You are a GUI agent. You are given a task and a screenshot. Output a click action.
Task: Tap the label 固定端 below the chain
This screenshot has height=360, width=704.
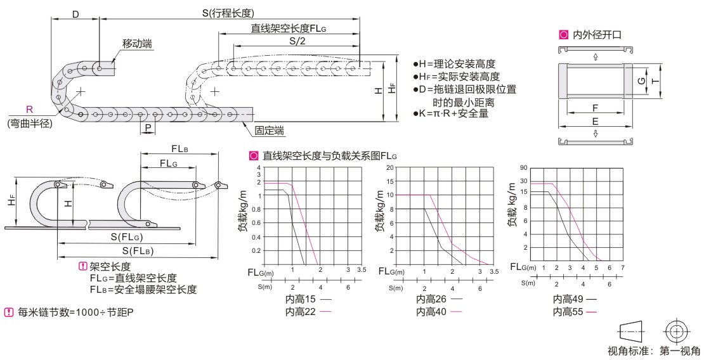tap(269, 130)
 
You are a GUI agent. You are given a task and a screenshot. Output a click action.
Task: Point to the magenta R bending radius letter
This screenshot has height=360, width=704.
tap(29, 109)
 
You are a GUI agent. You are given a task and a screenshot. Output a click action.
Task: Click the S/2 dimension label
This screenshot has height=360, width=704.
tap(297, 41)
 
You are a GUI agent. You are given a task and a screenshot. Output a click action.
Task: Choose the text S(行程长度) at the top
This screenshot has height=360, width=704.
tap(219, 13)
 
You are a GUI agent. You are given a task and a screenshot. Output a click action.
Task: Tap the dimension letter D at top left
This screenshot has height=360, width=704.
tap(75, 13)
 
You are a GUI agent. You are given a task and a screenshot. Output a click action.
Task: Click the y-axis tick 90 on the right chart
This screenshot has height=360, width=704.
tap(524, 167)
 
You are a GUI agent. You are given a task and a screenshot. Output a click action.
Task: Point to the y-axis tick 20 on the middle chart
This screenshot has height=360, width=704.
tap(390, 167)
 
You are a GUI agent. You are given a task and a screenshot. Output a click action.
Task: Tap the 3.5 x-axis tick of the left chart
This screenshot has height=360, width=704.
tap(362, 270)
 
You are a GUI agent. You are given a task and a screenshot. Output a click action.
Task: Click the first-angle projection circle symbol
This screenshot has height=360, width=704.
tap(677, 331)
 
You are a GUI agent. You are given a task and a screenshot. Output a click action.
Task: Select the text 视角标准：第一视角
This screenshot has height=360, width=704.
tap(654, 350)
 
